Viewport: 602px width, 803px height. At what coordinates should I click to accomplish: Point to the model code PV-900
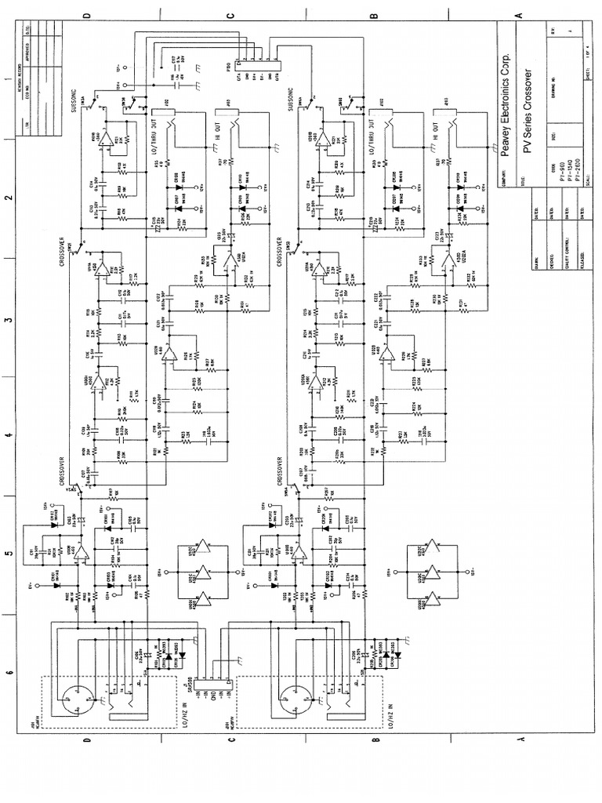point(554,177)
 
